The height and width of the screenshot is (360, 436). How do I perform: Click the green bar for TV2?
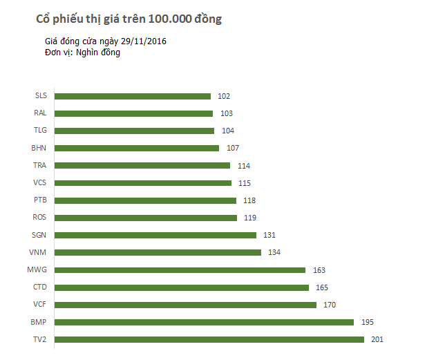click(209, 339)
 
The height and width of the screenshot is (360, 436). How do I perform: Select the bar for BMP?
click(204, 322)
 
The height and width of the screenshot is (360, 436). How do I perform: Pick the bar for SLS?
click(133, 96)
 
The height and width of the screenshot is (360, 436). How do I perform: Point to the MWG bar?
click(180, 269)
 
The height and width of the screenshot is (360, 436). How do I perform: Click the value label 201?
click(377, 339)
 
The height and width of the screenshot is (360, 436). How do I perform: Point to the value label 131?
click(269, 235)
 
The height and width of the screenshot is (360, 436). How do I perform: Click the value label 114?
click(243, 166)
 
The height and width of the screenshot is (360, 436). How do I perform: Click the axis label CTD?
click(40, 287)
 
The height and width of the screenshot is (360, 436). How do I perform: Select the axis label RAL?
click(40, 113)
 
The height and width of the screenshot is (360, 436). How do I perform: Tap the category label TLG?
click(40, 130)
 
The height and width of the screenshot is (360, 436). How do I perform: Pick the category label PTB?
click(40, 200)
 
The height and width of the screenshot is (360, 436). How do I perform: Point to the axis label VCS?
click(40, 182)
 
